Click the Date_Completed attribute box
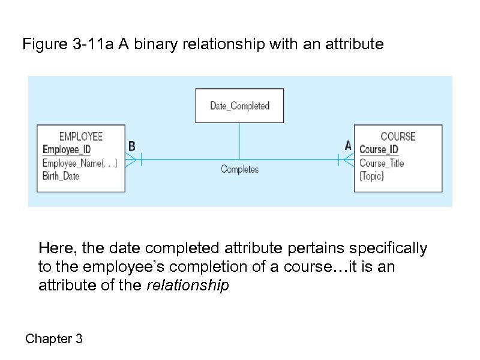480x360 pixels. (x=239, y=106)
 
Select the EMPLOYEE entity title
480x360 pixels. (x=81, y=136)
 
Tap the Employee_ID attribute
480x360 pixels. (x=67, y=149)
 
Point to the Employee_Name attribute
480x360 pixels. (x=80, y=163)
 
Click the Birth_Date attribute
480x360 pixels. (x=61, y=176)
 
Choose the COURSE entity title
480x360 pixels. (x=398, y=136)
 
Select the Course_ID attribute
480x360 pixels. (x=379, y=149)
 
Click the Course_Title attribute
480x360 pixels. (x=382, y=163)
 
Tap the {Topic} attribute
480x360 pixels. (x=371, y=176)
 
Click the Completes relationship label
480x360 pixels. (x=239, y=169)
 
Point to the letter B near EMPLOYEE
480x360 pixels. (x=132, y=146)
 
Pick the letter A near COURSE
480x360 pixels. (x=348, y=146)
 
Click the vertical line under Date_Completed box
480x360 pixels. (x=240, y=140)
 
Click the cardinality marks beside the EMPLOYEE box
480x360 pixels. (x=136, y=159)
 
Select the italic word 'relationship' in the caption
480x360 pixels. (x=187, y=286)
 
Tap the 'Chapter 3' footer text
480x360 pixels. (x=54, y=339)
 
